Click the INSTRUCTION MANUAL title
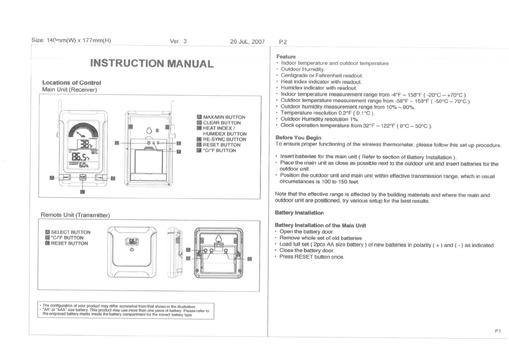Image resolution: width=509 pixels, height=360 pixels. pyautogui.click(x=152, y=64)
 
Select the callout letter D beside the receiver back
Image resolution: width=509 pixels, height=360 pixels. pyautogui.click(x=117, y=143)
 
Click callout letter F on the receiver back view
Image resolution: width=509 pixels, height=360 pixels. pyautogui.click(x=179, y=152)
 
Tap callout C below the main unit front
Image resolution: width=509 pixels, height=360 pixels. pyautogui.click(x=82, y=192)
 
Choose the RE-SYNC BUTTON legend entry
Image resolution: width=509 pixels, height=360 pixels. pyautogui.click(x=224, y=139)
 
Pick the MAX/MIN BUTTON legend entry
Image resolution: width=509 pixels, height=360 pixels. pyautogui.click(x=224, y=117)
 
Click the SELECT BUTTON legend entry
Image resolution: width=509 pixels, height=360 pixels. pyautogui.click(x=71, y=232)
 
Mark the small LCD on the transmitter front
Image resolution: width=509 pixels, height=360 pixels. pyautogui.click(x=132, y=242)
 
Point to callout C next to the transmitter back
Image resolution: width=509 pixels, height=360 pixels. pyautogui.click(x=250, y=259)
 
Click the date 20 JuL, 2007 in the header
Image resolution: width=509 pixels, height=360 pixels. pyautogui.click(x=247, y=42)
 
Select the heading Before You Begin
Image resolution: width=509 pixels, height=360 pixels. pyautogui.click(x=298, y=138)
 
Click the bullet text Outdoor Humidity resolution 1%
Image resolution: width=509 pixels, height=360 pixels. pyautogui.click(x=319, y=119)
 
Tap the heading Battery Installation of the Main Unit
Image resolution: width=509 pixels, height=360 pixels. pyautogui.click(x=320, y=225)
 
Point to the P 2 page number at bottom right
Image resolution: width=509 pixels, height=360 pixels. pyautogui.click(x=498, y=331)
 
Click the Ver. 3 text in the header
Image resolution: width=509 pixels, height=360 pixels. pyautogui.click(x=178, y=41)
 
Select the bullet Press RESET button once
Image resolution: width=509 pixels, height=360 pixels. pyautogui.click(x=312, y=257)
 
